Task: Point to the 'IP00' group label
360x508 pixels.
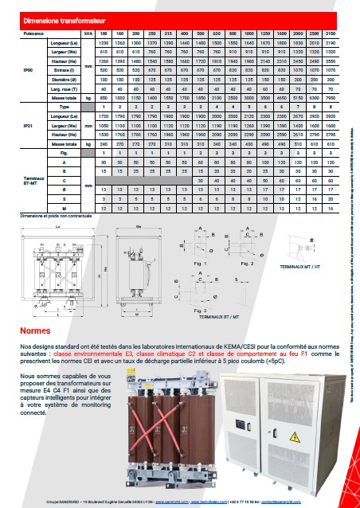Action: (29, 70)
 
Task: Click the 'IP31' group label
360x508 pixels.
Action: (29, 126)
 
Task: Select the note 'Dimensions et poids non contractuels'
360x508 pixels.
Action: (51, 216)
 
